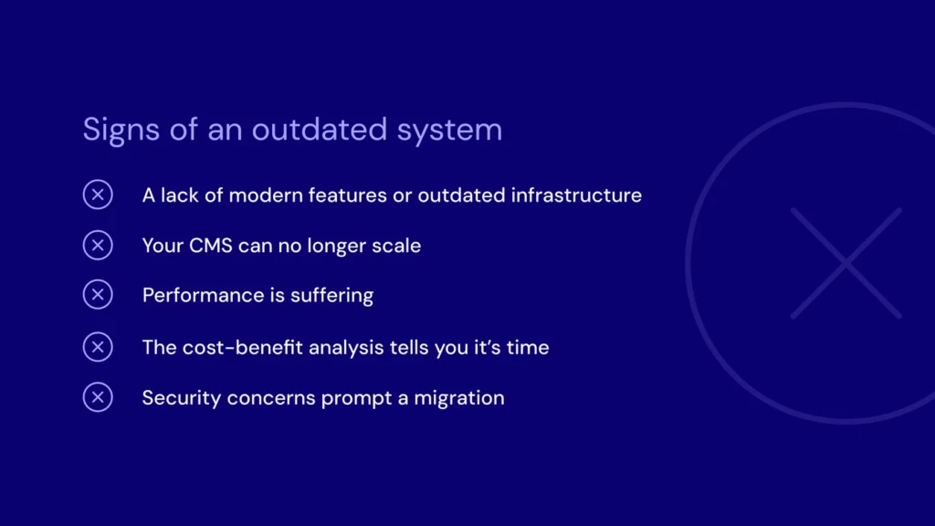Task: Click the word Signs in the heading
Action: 121,130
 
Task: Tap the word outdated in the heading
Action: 319,130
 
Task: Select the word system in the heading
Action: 449,131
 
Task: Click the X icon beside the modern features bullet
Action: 98,195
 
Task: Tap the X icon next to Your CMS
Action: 98,245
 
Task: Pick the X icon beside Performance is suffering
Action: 98,295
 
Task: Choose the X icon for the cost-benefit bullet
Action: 98,347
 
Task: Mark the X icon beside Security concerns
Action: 98,397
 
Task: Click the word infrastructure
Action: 576,195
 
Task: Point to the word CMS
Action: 211,246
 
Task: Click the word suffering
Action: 332,296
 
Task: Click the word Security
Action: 182,398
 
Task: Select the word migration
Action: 459,398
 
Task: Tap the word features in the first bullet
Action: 347,195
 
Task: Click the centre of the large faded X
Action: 846,263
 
